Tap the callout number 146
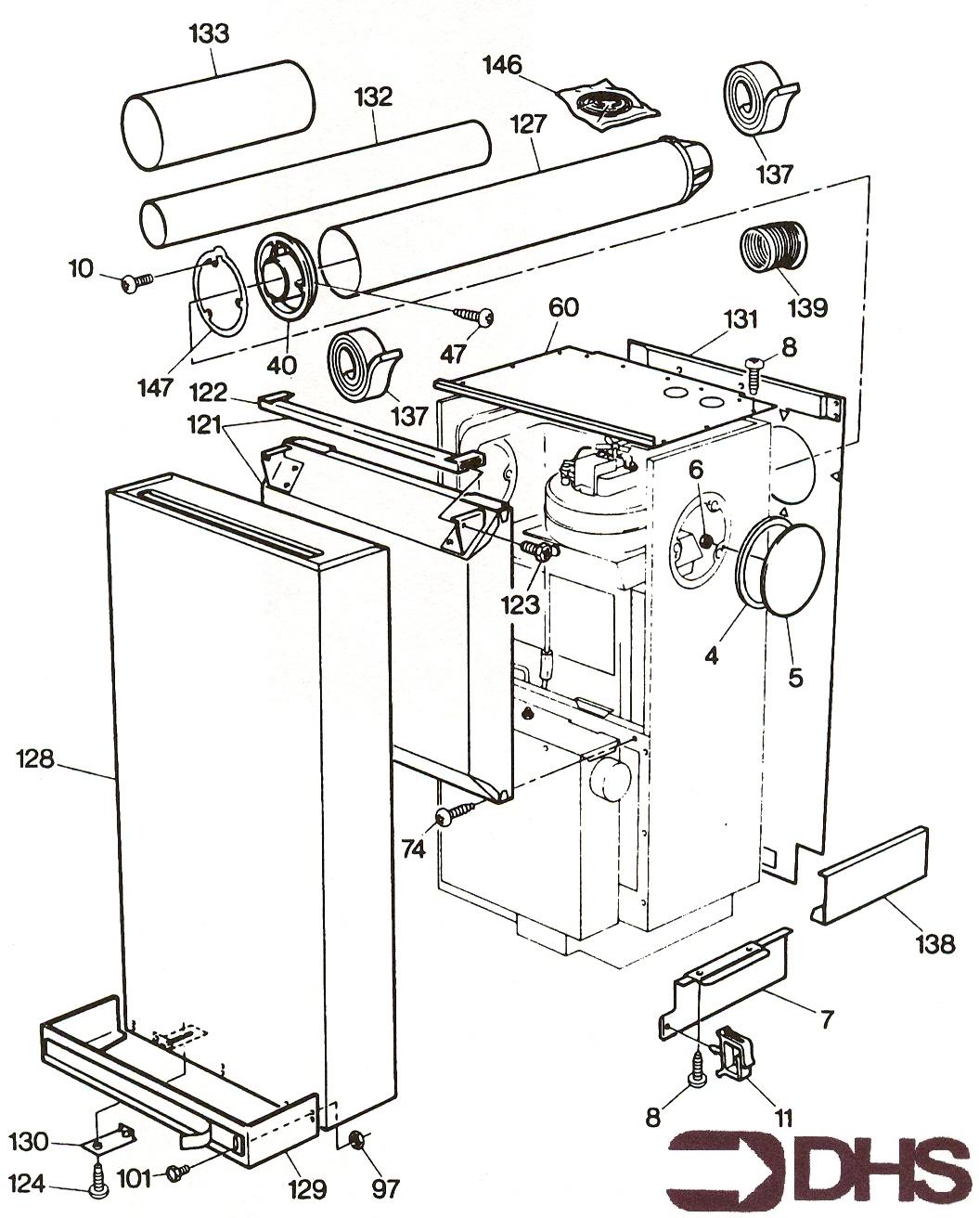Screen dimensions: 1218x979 click(x=502, y=66)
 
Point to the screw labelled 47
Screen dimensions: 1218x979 click(x=482, y=318)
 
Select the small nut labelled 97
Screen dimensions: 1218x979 click(x=355, y=1139)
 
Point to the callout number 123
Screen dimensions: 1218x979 click(x=520, y=604)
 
